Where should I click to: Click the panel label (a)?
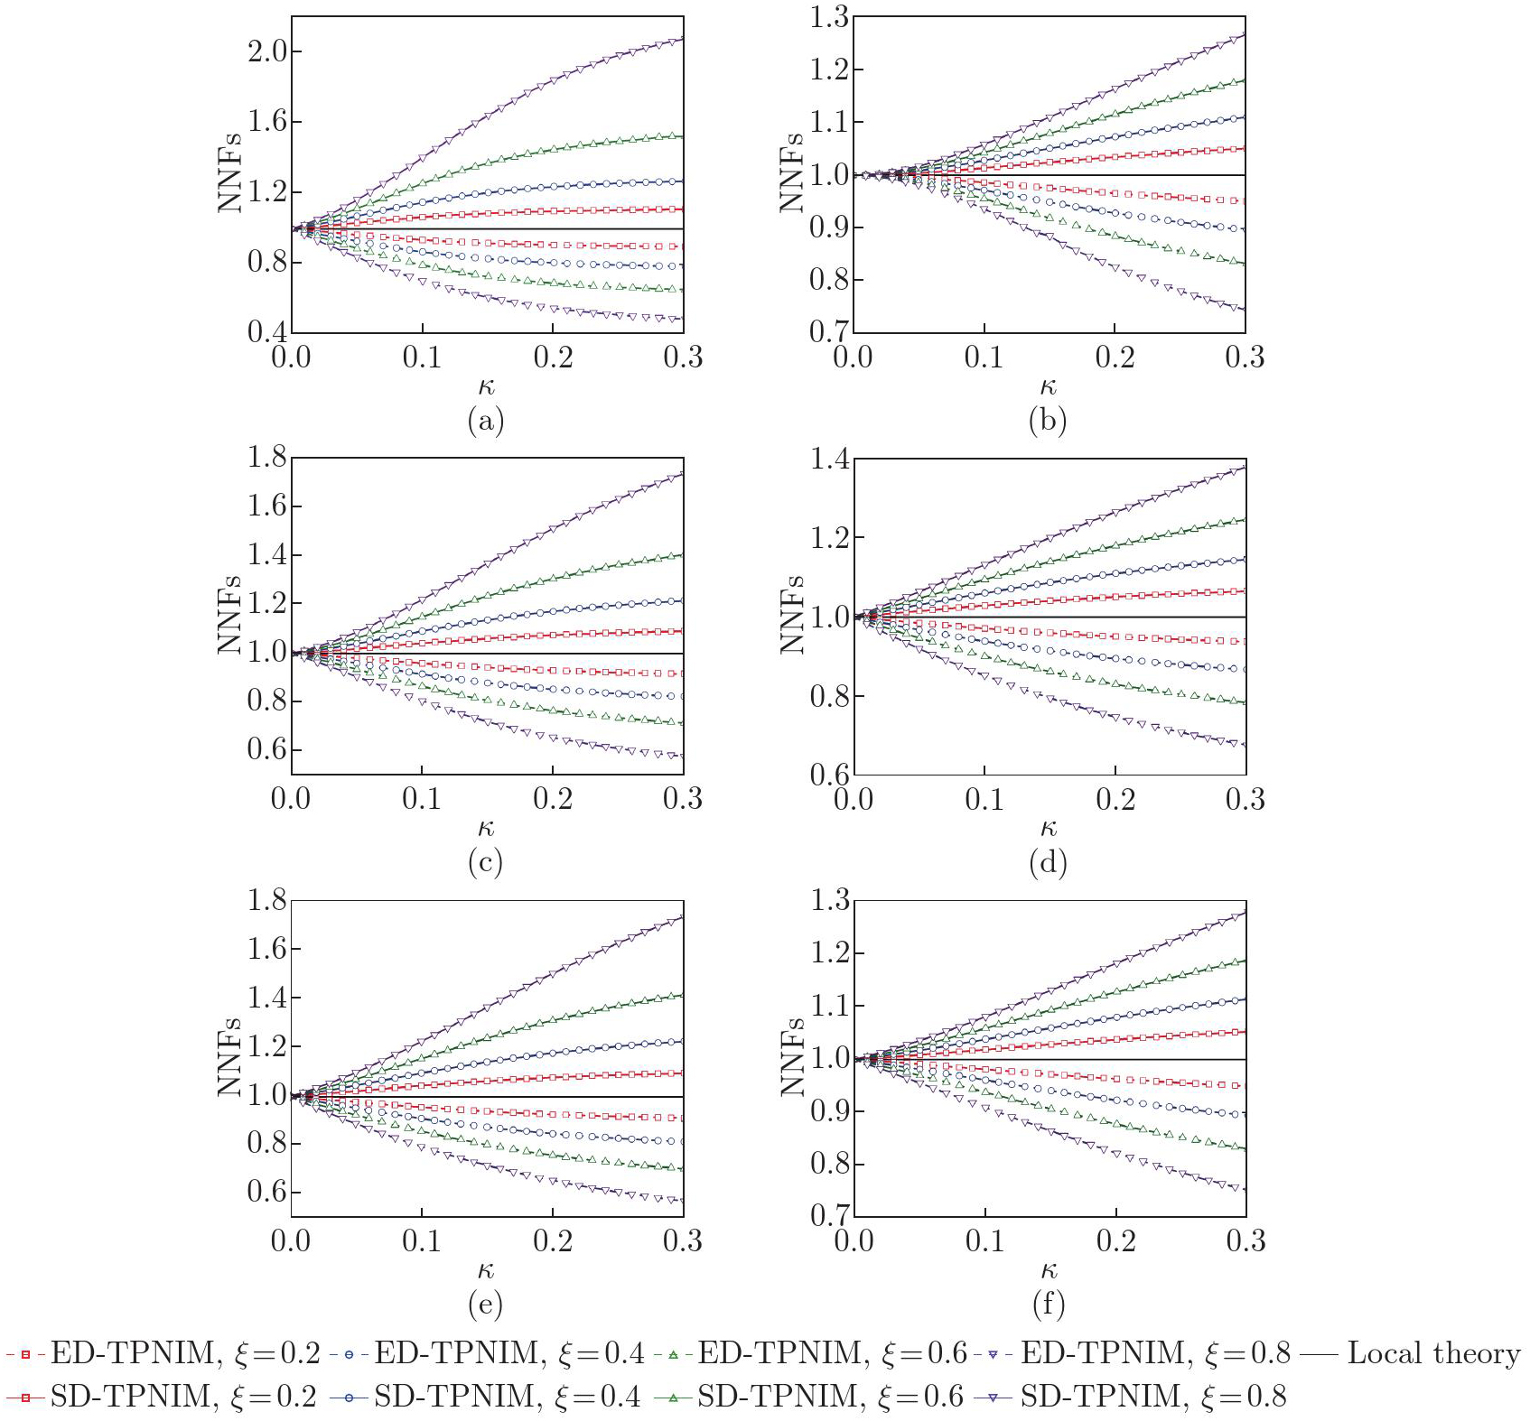coord(485,421)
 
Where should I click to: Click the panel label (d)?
coord(1048,863)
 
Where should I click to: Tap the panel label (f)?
coord(1048,1304)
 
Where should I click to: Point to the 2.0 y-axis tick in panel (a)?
coord(267,51)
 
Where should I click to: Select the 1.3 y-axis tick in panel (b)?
coord(829,18)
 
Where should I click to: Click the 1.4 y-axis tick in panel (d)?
coord(829,460)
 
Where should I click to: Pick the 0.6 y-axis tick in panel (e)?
coord(267,1192)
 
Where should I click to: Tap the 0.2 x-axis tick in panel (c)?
coord(553,799)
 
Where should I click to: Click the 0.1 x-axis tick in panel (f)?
coord(984,1241)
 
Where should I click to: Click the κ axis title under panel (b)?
coord(1048,387)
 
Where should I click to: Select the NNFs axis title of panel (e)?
coord(230,1056)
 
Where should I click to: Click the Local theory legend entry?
coord(1432,1353)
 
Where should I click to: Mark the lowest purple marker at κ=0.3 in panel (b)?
coord(1245,309)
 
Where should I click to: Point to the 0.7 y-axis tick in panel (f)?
coord(829,1215)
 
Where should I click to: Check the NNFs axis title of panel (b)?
coord(792,172)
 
